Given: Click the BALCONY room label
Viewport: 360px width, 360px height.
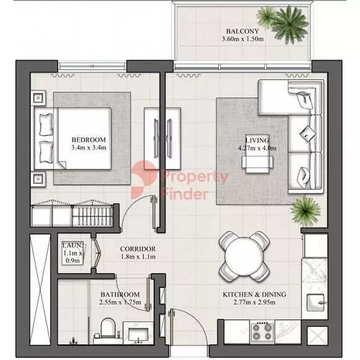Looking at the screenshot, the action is (243, 31).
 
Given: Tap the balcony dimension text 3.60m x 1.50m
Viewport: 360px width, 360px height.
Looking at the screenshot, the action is (243, 39).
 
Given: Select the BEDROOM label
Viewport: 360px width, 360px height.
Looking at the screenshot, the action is (89, 140).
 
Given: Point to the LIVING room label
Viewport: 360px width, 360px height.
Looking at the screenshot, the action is (257, 140).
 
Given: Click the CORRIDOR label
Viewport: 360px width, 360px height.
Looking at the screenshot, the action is (138, 249).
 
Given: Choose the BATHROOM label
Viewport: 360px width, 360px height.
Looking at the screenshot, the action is (120, 294).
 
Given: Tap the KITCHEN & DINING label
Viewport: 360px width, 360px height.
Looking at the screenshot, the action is (254, 294).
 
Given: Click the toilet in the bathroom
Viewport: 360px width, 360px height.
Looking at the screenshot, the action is (108, 328).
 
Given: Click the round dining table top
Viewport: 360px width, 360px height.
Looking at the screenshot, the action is (245, 257).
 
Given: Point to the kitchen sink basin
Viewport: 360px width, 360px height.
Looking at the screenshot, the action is (315, 303).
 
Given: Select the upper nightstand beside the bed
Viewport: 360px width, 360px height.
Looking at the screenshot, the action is (38, 98).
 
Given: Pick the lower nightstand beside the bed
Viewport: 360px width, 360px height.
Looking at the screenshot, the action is (38, 178).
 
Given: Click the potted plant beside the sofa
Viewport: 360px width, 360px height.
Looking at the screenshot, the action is (305, 211).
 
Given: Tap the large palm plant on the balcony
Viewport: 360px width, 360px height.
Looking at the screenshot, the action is (290, 24).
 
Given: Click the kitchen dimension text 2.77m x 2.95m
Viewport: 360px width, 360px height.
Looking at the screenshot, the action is (254, 302).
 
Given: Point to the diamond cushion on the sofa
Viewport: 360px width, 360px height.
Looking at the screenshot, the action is (308, 133).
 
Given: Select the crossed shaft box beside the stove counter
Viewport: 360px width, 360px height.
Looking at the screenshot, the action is (317, 335).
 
